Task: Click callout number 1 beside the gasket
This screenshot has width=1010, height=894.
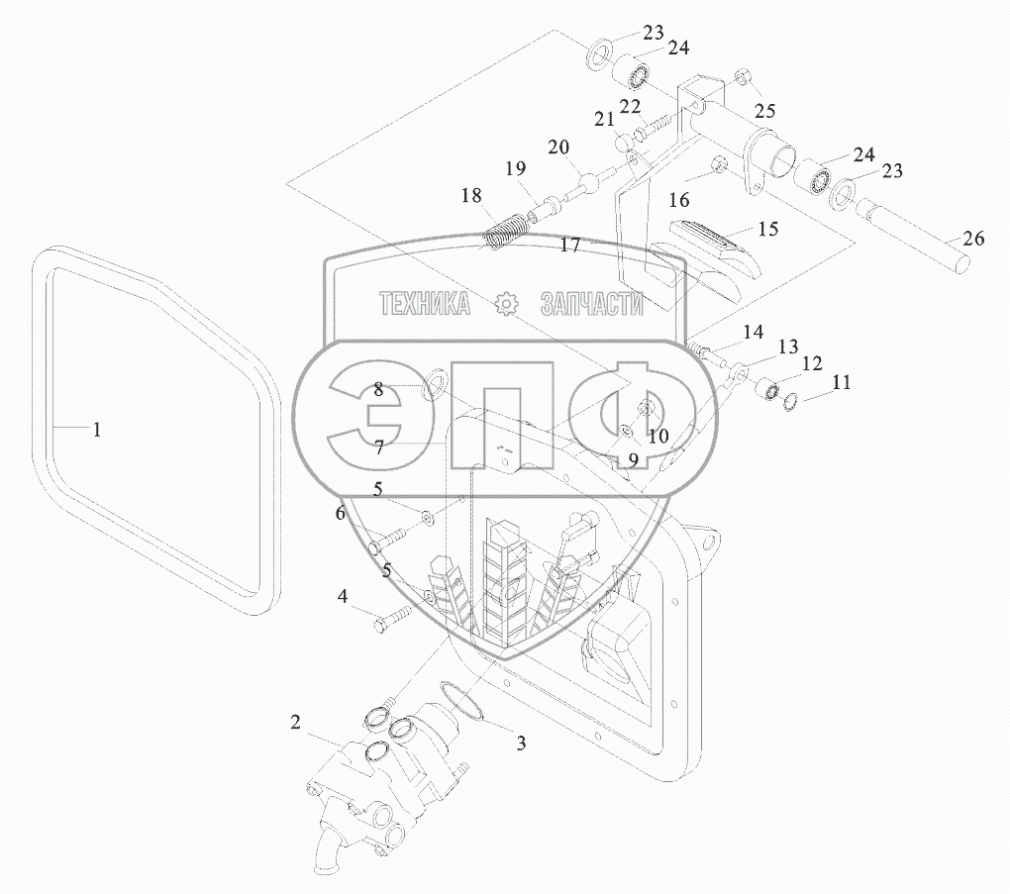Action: [x=96, y=430]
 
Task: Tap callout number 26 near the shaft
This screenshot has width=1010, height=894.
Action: [x=974, y=238]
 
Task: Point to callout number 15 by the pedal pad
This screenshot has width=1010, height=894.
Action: [x=767, y=229]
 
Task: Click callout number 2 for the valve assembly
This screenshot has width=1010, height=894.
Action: [x=295, y=722]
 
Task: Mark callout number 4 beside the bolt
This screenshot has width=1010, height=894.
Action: [x=343, y=596]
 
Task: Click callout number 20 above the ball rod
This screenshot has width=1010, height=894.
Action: [x=558, y=148]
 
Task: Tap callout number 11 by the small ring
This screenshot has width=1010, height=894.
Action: [x=842, y=381]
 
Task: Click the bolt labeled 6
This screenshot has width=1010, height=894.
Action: [x=388, y=541]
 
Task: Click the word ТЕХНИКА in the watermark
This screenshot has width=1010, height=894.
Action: [x=426, y=304]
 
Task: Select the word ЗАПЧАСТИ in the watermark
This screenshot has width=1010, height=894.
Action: [x=591, y=304]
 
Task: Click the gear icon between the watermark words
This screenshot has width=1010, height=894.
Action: [x=506, y=304]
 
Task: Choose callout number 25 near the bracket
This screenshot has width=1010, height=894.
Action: [x=765, y=110]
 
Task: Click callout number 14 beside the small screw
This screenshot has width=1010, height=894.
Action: [x=754, y=331]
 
